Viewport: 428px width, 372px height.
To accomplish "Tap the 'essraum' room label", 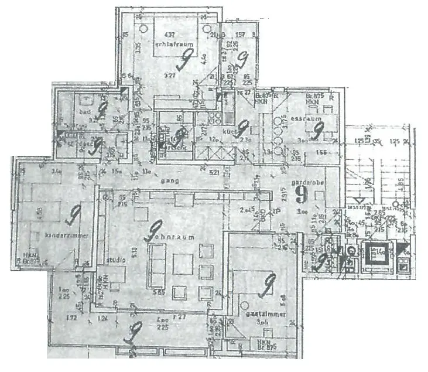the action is tap(303, 118).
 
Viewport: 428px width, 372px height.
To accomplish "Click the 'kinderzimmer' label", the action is tap(67, 235).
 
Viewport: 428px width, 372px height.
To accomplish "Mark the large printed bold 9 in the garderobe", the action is tap(302, 193).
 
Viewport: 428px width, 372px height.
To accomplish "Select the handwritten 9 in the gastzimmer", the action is tap(268, 285).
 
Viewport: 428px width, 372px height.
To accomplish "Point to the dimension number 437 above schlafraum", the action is tap(170, 33).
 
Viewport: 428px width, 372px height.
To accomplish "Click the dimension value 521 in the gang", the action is tap(214, 172).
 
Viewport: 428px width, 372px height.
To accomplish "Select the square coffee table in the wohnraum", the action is tap(182, 264).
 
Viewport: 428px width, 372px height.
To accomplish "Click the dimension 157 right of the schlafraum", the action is tap(239, 35).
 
